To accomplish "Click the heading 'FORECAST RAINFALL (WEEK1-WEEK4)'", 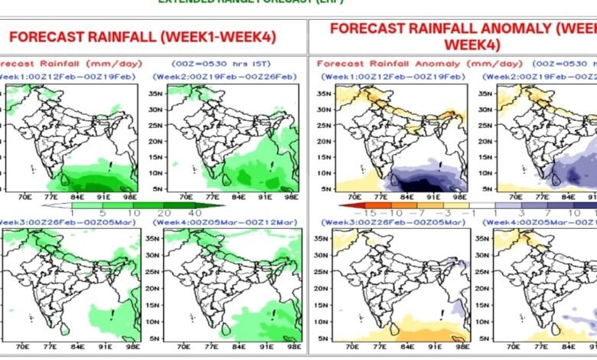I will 143,36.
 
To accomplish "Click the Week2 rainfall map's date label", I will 221,77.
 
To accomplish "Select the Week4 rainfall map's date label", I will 221,221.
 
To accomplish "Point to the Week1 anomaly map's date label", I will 392,77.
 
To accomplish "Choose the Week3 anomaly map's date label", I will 392,221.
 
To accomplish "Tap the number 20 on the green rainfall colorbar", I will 163,212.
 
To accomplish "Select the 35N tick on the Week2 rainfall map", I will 155,93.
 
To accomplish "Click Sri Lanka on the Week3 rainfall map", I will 64,329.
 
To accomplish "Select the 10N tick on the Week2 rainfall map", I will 155,172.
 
